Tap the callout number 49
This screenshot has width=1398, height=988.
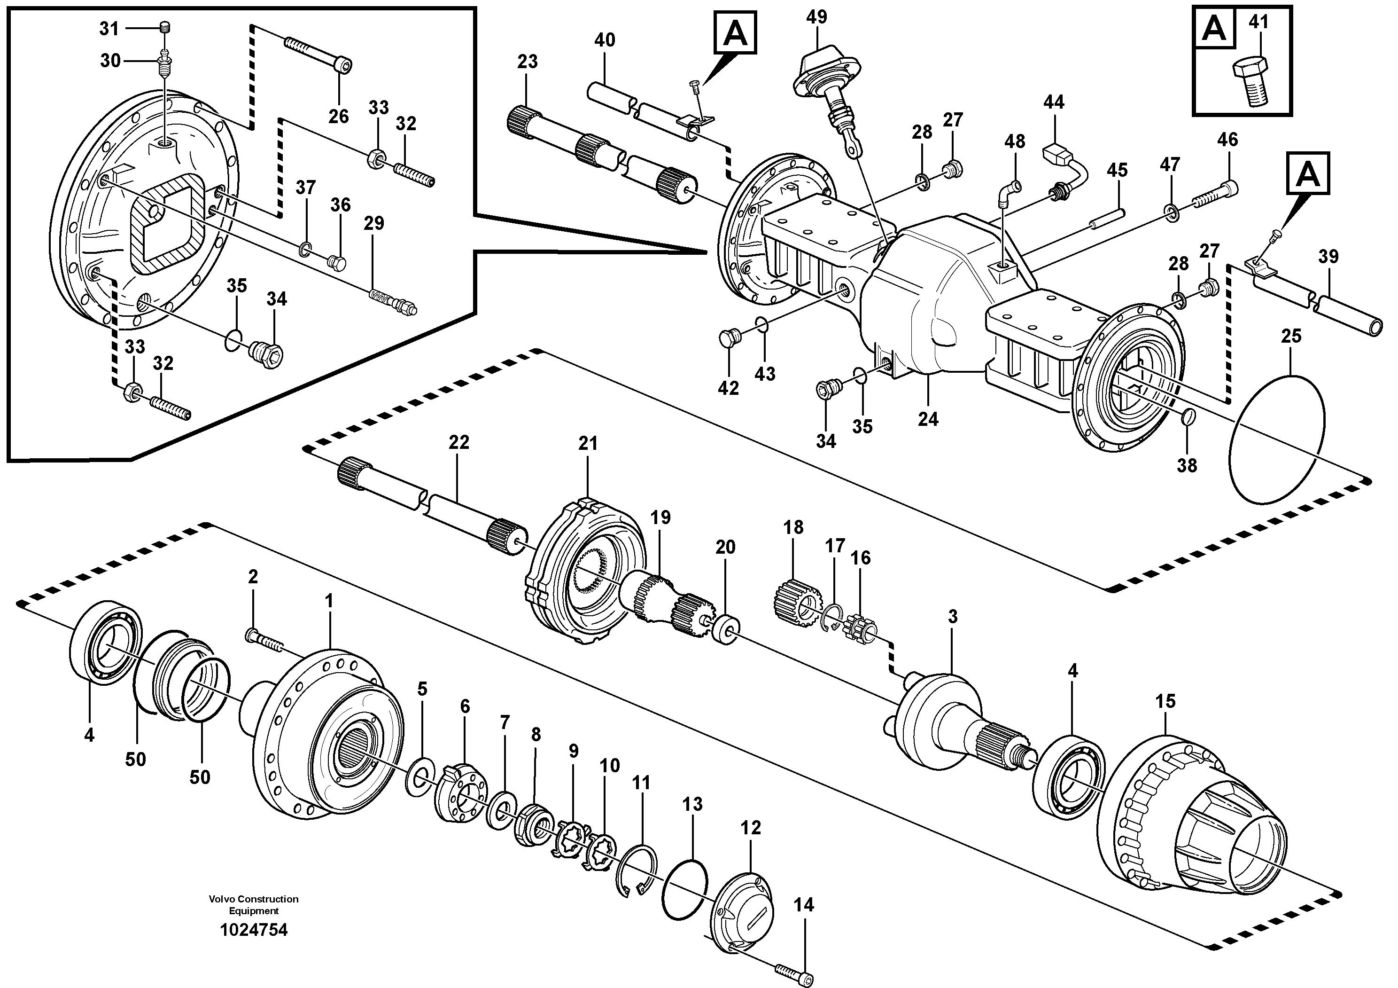816,17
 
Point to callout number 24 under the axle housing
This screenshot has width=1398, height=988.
927,419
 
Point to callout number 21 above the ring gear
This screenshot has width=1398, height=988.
588,443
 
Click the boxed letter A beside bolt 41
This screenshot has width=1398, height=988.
1214,28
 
